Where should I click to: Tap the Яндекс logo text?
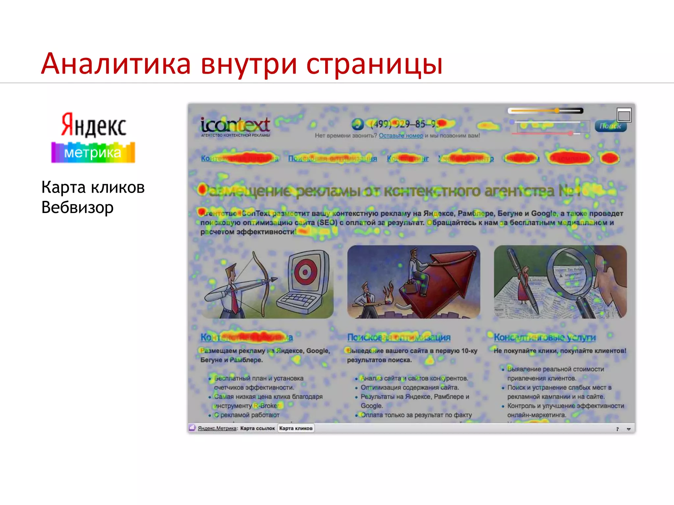[x=94, y=125]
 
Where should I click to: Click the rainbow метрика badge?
[x=93, y=153]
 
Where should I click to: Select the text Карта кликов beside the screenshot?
[x=93, y=187]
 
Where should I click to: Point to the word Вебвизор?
[x=77, y=207]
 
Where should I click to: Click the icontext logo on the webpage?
[x=235, y=126]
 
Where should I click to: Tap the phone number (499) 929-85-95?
[x=405, y=124]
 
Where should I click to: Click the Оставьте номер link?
[x=401, y=135]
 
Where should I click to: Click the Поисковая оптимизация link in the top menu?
[x=332, y=158]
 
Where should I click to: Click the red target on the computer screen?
[x=305, y=272]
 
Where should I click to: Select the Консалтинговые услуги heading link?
[x=545, y=337]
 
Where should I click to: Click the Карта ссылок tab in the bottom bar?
[x=257, y=428]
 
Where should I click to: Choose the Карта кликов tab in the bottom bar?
[x=296, y=428]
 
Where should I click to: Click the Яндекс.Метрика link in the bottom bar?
[x=217, y=428]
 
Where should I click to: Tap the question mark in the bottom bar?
[x=617, y=429]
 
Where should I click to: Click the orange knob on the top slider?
[x=557, y=111]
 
